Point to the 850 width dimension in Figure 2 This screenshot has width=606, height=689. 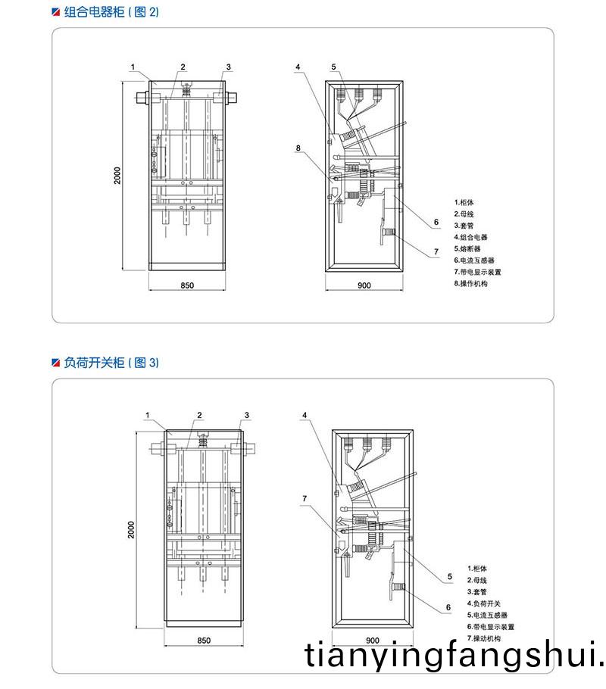[x=188, y=285]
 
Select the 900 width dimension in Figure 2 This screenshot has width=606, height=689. [x=364, y=285]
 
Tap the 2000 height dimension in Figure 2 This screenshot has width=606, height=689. [x=117, y=176]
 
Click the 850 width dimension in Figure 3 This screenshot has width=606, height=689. [x=203, y=640]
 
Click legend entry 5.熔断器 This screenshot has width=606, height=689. [x=468, y=248]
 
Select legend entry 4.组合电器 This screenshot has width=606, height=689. [x=471, y=237]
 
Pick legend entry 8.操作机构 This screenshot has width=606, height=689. [x=471, y=282]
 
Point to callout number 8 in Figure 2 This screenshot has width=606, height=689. [x=298, y=149]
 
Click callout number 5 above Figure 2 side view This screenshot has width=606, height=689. [x=333, y=67]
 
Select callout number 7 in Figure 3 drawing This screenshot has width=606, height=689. [x=305, y=498]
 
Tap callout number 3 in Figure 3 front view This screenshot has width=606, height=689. [x=247, y=415]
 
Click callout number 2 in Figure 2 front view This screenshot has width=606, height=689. [x=183, y=67]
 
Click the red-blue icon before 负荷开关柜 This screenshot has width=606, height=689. [x=55, y=363]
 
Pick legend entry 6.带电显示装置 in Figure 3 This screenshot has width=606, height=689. [x=491, y=627]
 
